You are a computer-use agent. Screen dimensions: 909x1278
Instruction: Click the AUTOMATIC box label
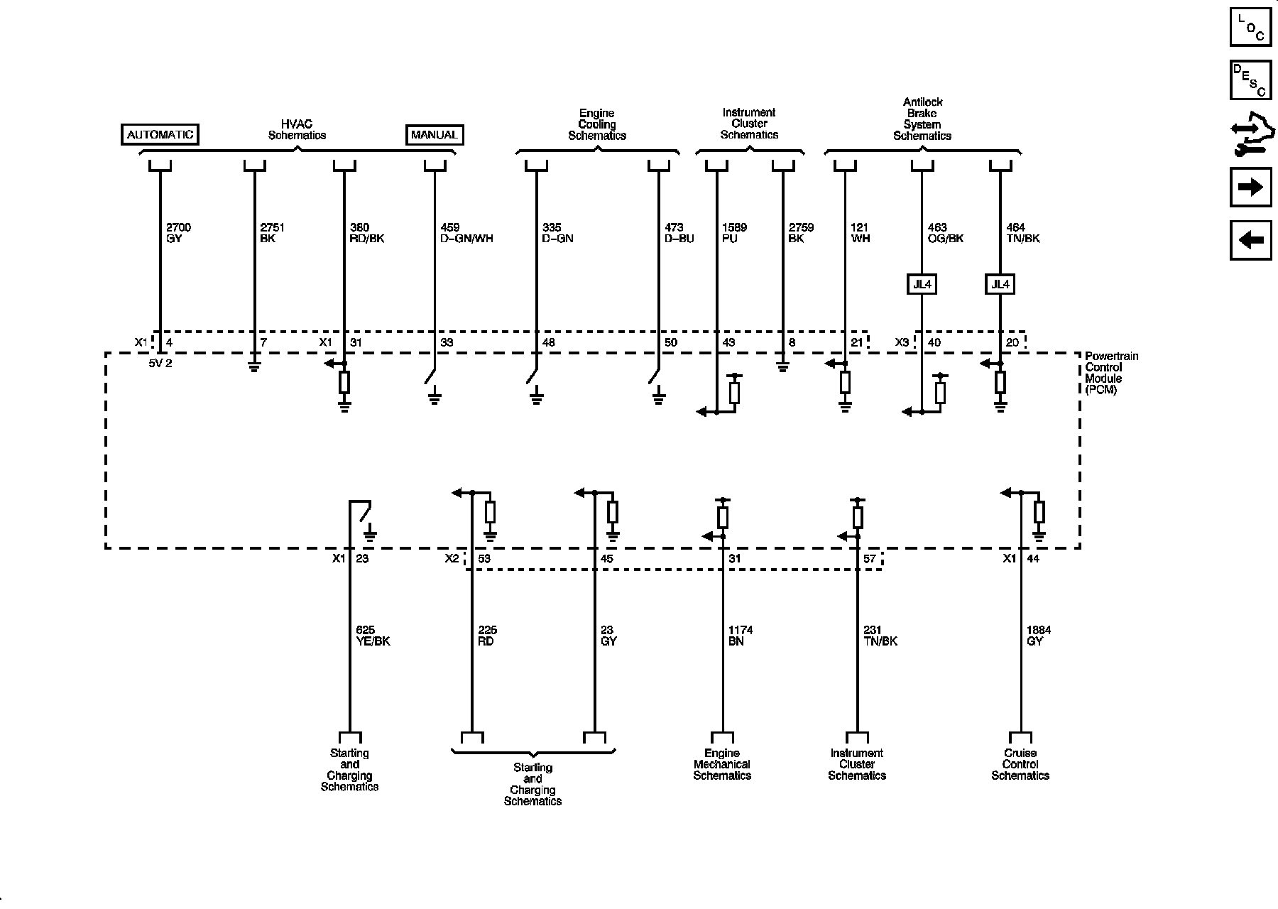(x=160, y=134)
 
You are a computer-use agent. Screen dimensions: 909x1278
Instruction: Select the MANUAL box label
(x=434, y=134)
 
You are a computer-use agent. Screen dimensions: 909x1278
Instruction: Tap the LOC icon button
(x=1250, y=26)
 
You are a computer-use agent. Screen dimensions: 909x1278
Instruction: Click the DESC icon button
(x=1250, y=80)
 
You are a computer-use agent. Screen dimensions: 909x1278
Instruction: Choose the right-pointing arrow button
(x=1250, y=187)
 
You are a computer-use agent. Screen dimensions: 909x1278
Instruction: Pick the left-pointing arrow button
(x=1250, y=241)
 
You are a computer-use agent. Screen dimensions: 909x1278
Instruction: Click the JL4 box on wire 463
(x=922, y=285)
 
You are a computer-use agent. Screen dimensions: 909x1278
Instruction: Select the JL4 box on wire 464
(x=1000, y=285)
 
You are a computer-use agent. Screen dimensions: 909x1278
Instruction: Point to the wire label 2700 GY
(x=178, y=233)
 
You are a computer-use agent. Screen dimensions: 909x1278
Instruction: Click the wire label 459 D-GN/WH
(x=466, y=233)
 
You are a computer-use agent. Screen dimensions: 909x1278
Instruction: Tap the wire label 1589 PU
(x=734, y=233)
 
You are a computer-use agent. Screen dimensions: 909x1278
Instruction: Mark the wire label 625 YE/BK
(x=373, y=636)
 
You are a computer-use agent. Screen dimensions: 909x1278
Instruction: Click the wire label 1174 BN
(x=741, y=636)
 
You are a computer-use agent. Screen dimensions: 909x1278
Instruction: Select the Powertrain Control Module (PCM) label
(x=1111, y=373)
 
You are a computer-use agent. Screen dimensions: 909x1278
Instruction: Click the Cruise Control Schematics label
(x=1020, y=764)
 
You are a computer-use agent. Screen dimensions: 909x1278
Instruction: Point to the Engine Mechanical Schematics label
(x=722, y=764)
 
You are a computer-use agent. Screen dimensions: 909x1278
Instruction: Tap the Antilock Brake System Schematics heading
(x=922, y=119)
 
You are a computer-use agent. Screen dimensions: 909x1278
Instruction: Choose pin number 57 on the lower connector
(x=870, y=559)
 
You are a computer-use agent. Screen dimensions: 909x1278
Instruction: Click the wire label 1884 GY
(x=1039, y=636)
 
